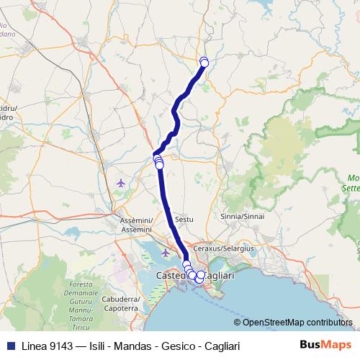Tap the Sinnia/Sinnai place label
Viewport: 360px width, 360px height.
(242, 215)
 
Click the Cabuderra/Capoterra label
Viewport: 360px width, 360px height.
(120, 303)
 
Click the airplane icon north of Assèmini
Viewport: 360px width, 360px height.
(120, 183)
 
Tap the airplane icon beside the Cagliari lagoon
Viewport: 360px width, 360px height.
(167, 253)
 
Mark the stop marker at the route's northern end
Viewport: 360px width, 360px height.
(204, 62)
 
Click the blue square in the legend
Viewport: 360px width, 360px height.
(9, 345)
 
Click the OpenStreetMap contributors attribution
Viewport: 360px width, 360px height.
(293, 323)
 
